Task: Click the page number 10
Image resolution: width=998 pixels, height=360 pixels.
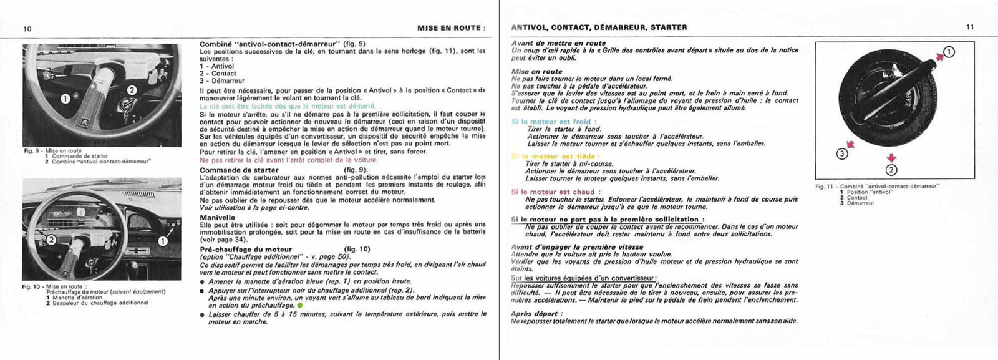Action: point(27,29)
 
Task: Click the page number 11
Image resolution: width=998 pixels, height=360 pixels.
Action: point(970,27)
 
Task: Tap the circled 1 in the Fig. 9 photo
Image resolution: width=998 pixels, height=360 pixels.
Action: point(65,99)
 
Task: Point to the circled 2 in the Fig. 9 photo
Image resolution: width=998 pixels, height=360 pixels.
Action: point(132,90)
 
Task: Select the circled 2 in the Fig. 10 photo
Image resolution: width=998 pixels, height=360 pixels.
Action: point(51,240)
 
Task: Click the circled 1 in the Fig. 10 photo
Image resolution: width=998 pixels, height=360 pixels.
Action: point(163,241)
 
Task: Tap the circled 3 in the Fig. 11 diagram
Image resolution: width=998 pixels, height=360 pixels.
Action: point(842,153)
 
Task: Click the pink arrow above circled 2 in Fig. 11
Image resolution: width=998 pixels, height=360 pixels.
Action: point(891,158)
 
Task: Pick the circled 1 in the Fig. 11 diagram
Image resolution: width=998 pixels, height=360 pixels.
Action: point(949,52)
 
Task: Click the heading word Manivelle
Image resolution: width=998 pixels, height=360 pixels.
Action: point(217,218)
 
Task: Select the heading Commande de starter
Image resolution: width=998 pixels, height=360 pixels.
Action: point(239,170)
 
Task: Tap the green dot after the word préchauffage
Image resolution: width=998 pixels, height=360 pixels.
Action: point(299,306)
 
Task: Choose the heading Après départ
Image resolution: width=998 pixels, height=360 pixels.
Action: point(536,314)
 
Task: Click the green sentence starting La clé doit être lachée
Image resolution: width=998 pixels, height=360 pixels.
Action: point(288,106)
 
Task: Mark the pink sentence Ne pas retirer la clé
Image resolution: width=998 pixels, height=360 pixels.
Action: point(288,160)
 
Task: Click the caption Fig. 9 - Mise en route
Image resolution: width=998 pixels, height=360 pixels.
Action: point(53,151)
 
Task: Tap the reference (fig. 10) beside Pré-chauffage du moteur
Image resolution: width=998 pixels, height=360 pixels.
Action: point(357,249)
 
